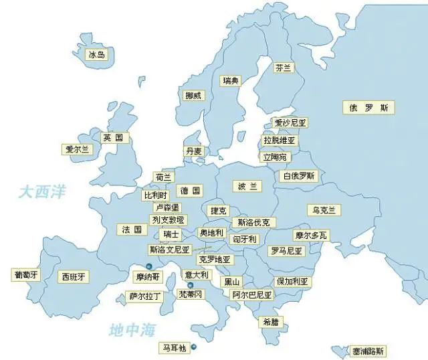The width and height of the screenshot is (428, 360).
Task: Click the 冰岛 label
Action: pos(97,55)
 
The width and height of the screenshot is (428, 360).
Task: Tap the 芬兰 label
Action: pos(284,68)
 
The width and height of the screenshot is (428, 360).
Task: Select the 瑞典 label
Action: pos(231,81)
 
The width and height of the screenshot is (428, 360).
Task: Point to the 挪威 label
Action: pos(193,96)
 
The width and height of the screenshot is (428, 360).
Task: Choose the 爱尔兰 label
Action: pos(76,150)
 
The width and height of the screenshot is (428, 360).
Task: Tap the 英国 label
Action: pos(113,138)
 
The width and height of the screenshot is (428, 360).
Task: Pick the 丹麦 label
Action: pos(194,151)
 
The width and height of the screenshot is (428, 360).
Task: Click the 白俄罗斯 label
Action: pos(299,176)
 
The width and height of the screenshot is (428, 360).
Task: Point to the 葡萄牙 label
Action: pos(26,274)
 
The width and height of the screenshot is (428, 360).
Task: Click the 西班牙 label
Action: pos(74,276)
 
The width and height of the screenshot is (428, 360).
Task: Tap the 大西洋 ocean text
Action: pos(42,192)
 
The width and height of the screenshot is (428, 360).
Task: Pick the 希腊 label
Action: pos(271,321)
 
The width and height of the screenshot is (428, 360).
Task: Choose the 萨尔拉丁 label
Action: pos(146,296)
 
